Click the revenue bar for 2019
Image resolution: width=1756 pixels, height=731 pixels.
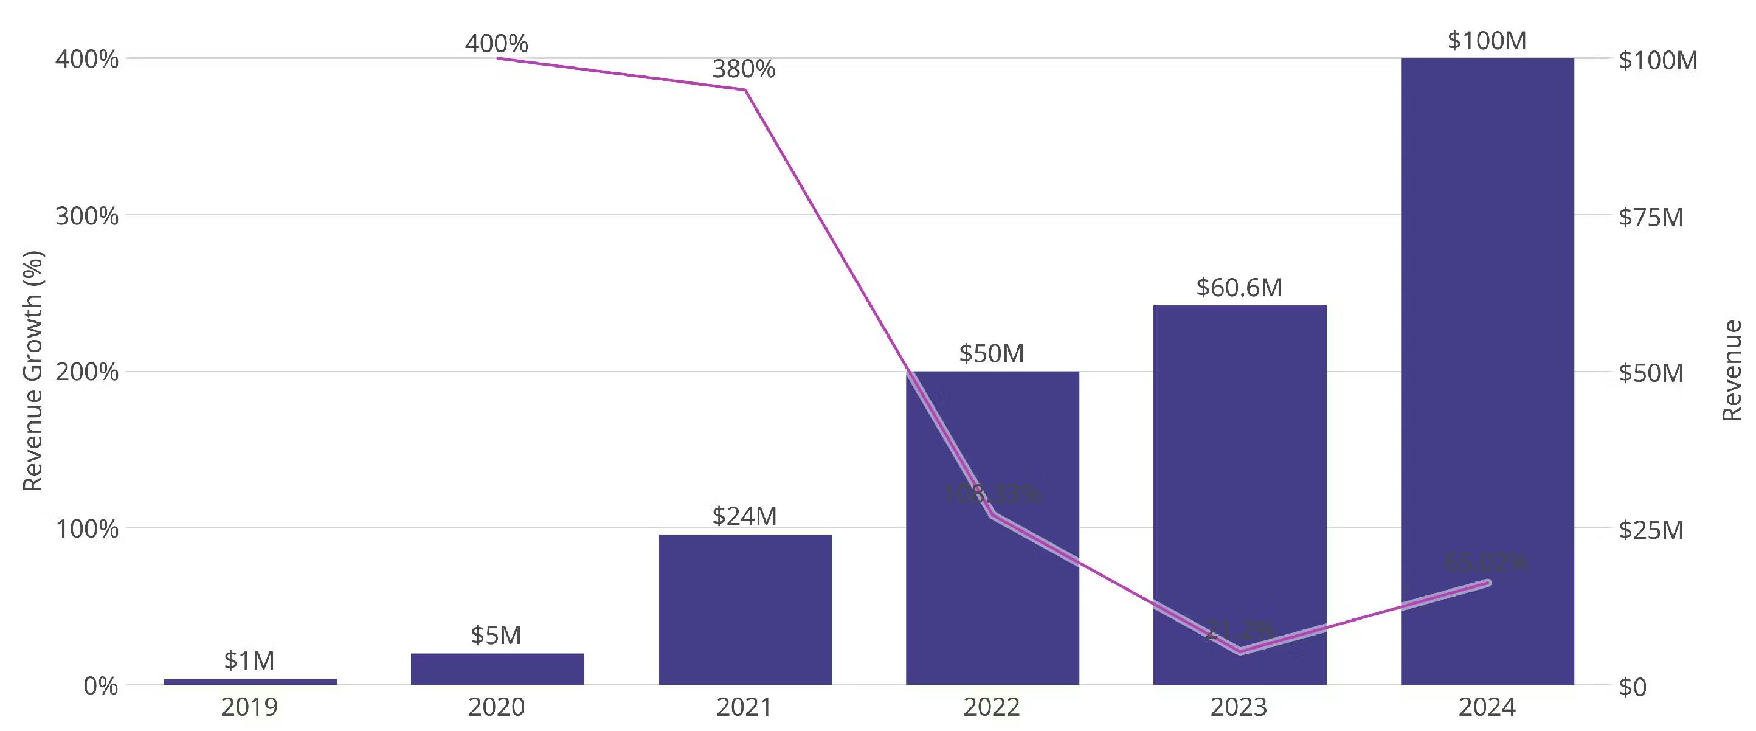[249, 681]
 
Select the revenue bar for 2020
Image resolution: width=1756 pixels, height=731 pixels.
[497, 668]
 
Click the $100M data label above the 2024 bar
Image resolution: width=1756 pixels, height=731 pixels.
[1487, 41]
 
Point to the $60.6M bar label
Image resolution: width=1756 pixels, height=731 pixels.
[1239, 288]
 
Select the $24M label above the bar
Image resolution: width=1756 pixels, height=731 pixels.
[744, 516]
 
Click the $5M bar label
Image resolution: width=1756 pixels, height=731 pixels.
[496, 636]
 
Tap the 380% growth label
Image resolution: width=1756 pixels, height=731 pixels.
[743, 69]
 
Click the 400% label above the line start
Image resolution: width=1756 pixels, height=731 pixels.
[496, 44]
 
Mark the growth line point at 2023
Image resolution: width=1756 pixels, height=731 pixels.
[1240, 651]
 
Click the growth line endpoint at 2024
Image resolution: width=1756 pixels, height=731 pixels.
[1487, 583]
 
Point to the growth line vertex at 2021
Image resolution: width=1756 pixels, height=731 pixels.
[744, 89]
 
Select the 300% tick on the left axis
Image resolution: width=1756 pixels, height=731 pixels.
[86, 216]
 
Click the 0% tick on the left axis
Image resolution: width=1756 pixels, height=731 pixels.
[100, 686]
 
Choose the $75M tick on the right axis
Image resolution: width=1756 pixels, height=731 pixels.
[1650, 218]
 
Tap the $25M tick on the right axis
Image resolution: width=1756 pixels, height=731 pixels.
[1650, 530]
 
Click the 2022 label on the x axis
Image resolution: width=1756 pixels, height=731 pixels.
[991, 707]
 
